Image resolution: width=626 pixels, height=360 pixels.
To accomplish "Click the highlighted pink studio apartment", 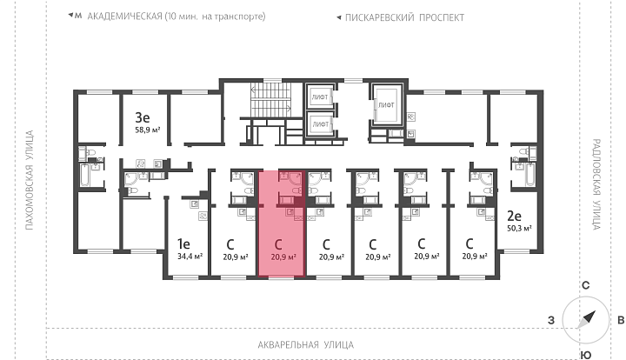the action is coord(282,223).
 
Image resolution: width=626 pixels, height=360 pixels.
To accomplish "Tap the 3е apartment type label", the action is coord(143,117).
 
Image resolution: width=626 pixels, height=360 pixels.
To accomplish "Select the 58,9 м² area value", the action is coord(148,130).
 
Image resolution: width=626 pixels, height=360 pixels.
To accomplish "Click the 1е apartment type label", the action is coord(183,243).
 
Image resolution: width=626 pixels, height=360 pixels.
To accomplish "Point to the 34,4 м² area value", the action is coord(190,256).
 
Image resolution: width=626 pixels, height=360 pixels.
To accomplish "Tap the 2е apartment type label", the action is coord(514,216).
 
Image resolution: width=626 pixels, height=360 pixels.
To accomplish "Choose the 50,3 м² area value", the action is coord(519,229).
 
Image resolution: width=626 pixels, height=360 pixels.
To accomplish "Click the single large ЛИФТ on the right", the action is coord(386,105).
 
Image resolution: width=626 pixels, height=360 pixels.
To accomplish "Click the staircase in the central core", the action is coord(270,100).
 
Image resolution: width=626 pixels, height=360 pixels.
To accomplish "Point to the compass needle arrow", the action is coord(588,317).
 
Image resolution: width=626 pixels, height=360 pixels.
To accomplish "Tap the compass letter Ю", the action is coord(586,355).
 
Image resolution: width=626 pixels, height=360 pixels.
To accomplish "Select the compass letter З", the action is coord(551,320).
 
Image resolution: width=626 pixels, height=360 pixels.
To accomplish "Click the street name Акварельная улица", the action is coord(306,344).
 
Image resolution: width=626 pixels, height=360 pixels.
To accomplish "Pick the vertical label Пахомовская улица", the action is coord(30,180).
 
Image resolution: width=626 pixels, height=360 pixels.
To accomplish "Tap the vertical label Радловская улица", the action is coord(596,184).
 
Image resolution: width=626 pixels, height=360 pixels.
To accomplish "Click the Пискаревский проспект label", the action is coord(404,17).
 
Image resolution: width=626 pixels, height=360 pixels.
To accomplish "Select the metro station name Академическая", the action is coord(124,17).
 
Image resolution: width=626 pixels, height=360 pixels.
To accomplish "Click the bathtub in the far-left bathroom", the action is coord(85,175).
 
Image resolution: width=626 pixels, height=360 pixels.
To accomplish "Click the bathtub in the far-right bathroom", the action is coord(529,175).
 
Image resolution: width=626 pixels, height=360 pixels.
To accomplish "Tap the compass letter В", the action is coord(621,320).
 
